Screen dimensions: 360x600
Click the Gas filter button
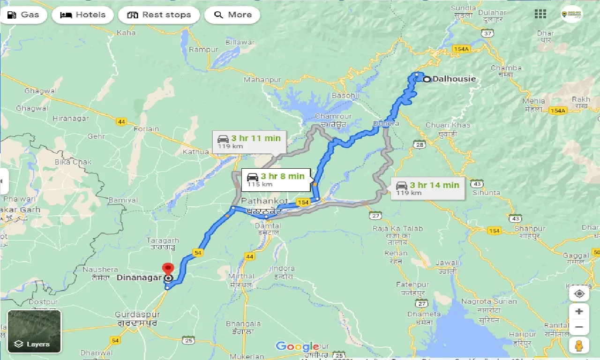pos(23,15)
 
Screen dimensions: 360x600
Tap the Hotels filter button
pos(83,15)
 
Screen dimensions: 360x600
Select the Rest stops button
pos(159,15)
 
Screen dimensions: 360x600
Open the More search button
pos(232,15)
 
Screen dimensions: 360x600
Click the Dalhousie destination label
pos(454,79)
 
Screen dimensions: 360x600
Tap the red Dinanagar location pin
pos(167,270)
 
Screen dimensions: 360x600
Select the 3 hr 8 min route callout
pos(276,180)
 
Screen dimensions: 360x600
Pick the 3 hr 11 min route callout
pos(249,142)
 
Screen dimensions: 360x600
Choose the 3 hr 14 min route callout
pos(427,188)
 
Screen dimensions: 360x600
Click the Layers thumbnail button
pos(34,331)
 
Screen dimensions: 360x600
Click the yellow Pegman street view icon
pos(579,345)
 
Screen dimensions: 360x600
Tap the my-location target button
pos(579,294)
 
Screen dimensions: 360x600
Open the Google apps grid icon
pos(540,14)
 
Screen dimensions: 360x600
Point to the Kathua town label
pos(196,152)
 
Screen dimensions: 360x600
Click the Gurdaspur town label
pos(137,315)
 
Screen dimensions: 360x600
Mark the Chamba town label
pos(506,68)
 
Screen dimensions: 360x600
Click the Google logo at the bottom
pos(297,347)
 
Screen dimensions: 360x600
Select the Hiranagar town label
pos(70,119)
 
